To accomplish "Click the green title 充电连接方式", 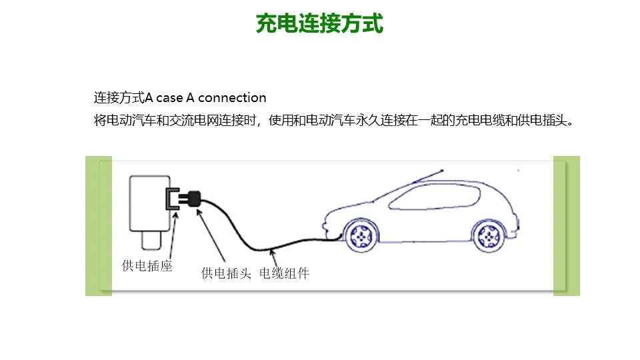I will (320, 24).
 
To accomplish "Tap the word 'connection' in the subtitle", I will (232, 98).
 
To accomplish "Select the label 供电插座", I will (147, 266).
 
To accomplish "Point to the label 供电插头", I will (226, 273).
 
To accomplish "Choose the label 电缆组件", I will (285, 273).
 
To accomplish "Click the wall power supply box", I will (150, 203).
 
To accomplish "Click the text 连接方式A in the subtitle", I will (124, 98).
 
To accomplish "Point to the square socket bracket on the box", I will (171, 199).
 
